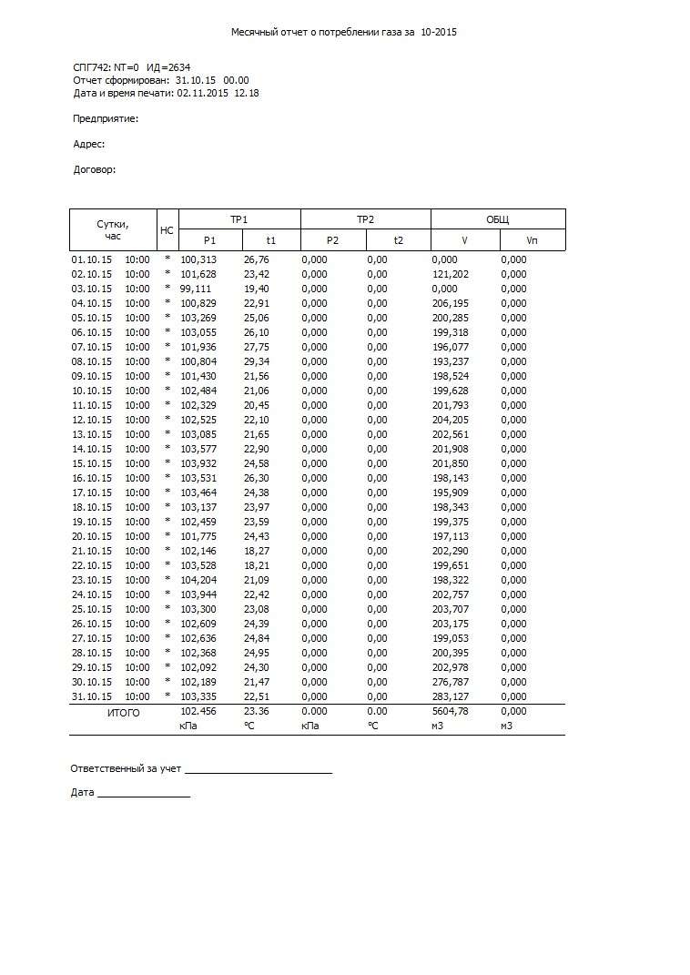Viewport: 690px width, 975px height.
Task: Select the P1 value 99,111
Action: point(195,289)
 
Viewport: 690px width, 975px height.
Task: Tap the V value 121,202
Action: point(450,274)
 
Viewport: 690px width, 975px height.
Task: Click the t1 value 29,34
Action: point(257,361)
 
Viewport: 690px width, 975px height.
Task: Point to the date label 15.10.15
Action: point(92,463)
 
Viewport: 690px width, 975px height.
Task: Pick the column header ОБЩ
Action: point(497,219)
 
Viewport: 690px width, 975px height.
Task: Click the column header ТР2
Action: point(365,219)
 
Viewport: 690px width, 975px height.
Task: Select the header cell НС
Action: point(167,230)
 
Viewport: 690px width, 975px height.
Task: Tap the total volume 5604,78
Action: point(450,712)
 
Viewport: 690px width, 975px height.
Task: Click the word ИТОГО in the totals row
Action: point(124,713)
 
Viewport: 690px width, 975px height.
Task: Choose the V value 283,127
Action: point(450,696)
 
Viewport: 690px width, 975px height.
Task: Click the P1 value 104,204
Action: point(198,580)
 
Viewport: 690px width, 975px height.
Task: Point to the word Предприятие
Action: point(106,118)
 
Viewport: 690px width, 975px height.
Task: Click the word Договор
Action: point(94,169)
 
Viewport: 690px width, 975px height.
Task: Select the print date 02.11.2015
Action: point(204,93)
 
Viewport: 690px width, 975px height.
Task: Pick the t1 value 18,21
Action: point(257,565)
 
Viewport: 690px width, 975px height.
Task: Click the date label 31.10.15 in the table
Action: point(92,696)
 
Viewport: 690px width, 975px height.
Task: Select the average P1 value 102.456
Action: point(198,712)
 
